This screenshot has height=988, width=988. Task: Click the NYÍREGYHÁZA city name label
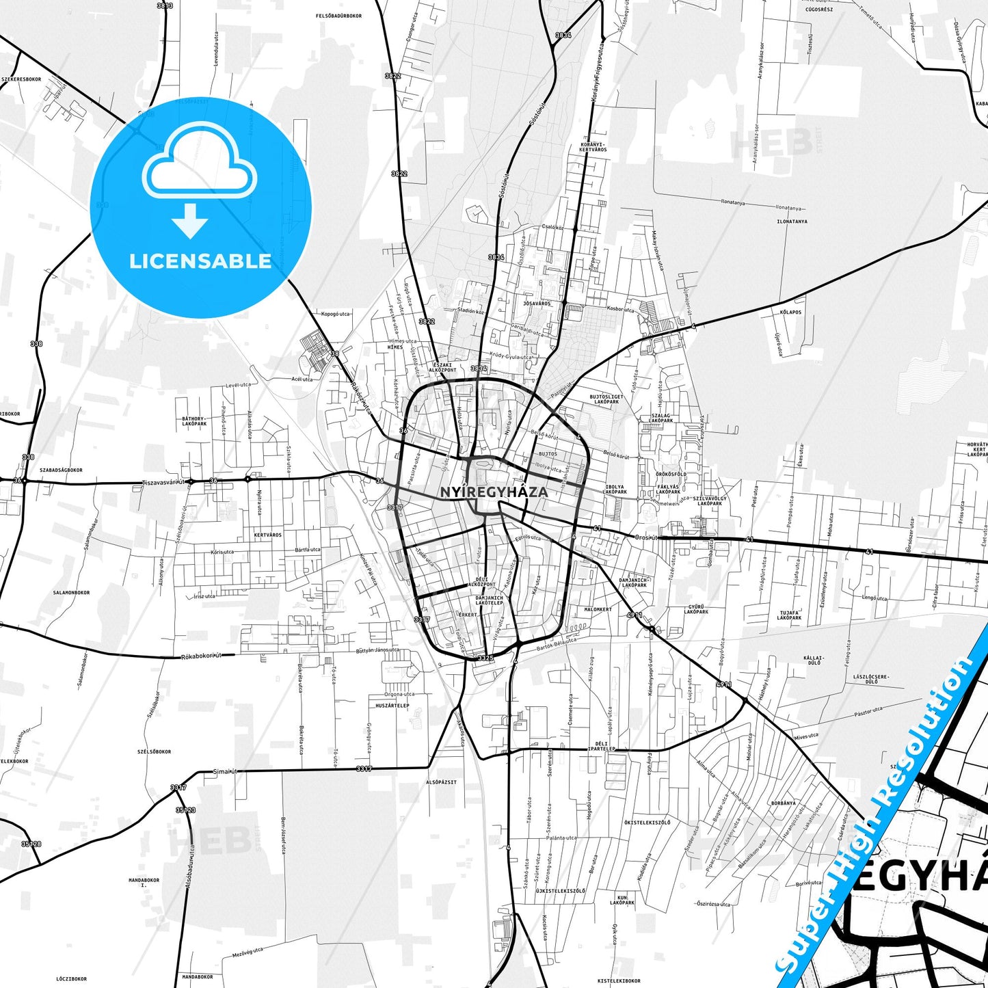click(494, 492)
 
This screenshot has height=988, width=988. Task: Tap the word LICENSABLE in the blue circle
click(200, 261)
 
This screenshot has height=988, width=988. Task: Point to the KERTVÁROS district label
click(267, 535)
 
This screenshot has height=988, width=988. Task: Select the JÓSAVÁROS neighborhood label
click(536, 304)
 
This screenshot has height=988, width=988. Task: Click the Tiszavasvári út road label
click(163, 481)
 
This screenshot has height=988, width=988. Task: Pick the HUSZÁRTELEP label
click(392, 706)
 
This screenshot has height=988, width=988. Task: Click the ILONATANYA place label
click(792, 222)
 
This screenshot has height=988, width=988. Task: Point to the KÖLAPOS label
click(790, 312)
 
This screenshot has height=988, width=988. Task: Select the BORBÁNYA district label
click(784, 803)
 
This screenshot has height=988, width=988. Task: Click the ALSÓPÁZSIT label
click(441, 782)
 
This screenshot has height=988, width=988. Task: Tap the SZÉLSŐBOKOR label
click(155, 751)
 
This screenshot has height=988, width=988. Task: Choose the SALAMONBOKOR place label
click(71, 593)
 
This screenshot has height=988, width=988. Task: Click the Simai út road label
click(225, 771)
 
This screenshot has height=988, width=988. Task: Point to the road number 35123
click(185, 810)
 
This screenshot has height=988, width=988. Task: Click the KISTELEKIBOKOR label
click(619, 980)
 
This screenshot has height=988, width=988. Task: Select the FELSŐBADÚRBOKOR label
click(338, 16)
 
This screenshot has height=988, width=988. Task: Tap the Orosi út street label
click(646, 537)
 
